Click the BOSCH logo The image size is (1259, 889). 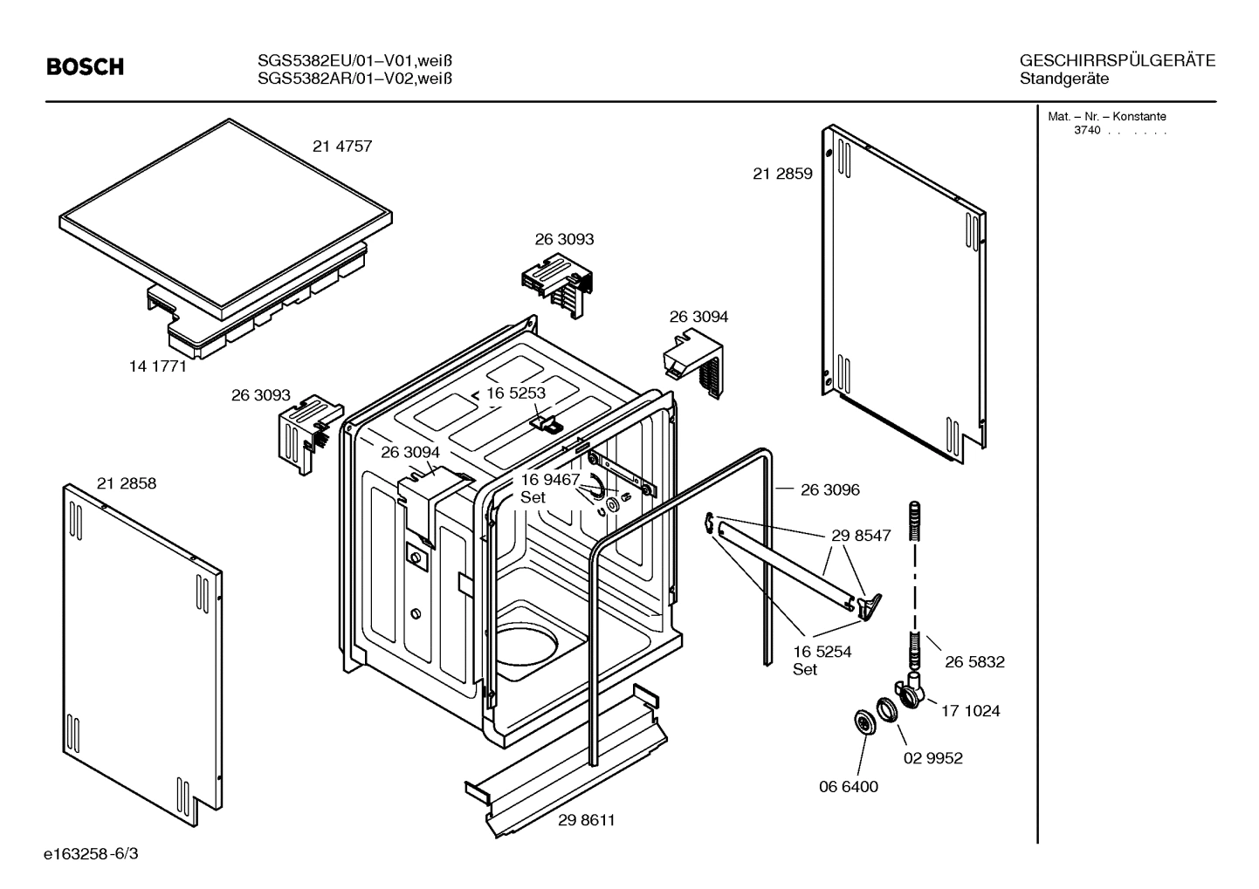(x=85, y=67)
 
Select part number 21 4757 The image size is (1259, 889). (x=342, y=147)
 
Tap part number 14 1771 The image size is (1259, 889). (x=158, y=366)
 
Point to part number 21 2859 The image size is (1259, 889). (x=782, y=174)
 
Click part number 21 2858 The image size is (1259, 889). (x=127, y=483)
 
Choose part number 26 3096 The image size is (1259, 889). (x=829, y=490)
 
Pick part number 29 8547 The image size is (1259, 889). (x=861, y=536)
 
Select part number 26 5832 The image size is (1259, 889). (x=974, y=662)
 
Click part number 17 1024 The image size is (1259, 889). (x=970, y=711)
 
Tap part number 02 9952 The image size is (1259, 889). (x=932, y=758)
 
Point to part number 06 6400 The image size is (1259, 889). (x=848, y=786)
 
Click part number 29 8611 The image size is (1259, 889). (x=587, y=820)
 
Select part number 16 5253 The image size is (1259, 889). (x=516, y=393)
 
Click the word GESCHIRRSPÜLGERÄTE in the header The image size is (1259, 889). (x=1117, y=60)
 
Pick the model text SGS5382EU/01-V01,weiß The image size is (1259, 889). (x=354, y=60)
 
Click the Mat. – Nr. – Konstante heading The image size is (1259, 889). (x=1106, y=117)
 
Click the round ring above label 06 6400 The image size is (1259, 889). (x=864, y=722)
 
